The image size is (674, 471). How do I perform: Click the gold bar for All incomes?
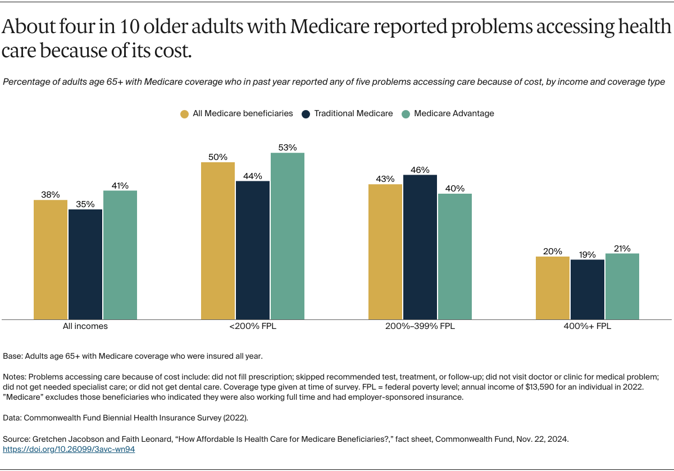click(x=51, y=259)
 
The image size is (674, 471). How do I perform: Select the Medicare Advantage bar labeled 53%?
click(x=287, y=236)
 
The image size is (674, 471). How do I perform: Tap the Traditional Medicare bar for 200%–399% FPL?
click(x=420, y=247)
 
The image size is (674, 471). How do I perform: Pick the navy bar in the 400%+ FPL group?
click(x=587, y=289)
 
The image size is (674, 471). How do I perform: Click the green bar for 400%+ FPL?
click(x=622, y=286)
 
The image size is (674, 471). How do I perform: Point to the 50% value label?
click(x=218, y=157)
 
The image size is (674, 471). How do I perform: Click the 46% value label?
click(x=420, y=170)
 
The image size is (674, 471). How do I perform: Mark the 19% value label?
click(x=587, y=254)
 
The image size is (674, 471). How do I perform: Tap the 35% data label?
click(x=85, y=204)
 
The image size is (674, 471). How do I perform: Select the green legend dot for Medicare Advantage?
click(x=406, y=114)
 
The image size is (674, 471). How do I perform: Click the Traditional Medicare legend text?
click(x=353, y=113)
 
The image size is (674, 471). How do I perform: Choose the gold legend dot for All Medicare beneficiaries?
click(x=184, y=114)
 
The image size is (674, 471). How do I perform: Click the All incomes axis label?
click(x=85, y=326)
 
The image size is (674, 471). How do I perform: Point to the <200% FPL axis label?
click(x=252, y=326)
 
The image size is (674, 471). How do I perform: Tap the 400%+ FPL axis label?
click(x=587, y=326)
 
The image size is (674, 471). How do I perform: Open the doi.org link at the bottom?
click(x=69, y=449)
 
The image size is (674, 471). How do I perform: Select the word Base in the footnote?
click(x=12, y=356)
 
